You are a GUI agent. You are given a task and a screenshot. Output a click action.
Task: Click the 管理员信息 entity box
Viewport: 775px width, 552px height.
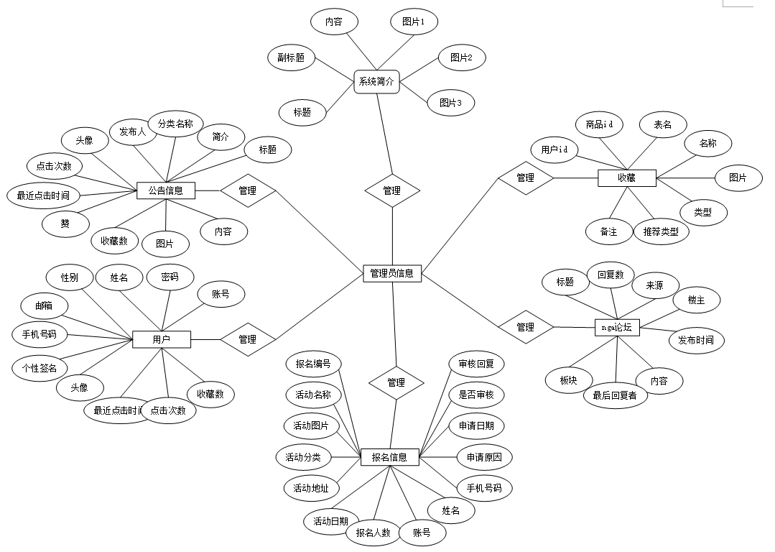(x=392, y=273)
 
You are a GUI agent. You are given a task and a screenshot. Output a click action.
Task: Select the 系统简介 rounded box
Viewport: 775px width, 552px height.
(x=376, y=81)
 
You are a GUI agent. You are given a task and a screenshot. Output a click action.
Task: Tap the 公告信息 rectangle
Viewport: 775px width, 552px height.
(x=166, y=190)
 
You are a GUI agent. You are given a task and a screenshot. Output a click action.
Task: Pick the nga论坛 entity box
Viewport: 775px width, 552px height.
(x=618, y=327)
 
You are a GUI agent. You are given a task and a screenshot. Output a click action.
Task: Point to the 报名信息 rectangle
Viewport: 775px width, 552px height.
(x=389, y=456)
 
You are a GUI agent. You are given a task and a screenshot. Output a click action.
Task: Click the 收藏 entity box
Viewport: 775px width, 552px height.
(x=626, y=178)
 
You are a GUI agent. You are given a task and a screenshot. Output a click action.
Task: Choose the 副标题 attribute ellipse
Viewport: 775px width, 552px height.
(x=291, y=57)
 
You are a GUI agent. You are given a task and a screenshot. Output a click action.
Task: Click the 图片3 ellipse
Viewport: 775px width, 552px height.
(x=451, y=103)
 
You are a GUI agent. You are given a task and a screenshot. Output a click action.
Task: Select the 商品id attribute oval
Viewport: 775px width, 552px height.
(x=599, y=124)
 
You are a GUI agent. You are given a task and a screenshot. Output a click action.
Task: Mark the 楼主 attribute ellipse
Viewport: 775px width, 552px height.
(x=696, y=300)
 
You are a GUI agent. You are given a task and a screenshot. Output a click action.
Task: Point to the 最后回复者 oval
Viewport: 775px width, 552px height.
(x=615, y=395)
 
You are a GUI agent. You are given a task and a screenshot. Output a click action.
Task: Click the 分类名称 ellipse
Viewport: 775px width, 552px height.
(x=175, y=124)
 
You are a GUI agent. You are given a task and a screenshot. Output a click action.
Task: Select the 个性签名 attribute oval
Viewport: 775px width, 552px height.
(x=40, y=367)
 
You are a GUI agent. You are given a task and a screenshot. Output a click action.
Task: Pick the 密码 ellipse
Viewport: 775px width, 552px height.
(x=170, y=277)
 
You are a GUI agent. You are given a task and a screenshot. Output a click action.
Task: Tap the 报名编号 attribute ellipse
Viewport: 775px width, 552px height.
(x=313, y=364)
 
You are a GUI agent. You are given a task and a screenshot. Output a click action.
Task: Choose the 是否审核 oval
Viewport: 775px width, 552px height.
(x=476, y=394)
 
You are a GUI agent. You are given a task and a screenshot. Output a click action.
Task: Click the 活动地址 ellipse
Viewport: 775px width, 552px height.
(x=311, y=488)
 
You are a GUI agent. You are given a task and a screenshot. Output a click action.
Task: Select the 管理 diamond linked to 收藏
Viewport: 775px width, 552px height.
(x=526, y=178)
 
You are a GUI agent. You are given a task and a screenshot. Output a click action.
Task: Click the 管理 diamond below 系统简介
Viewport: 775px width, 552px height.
(x=392, y=190)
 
